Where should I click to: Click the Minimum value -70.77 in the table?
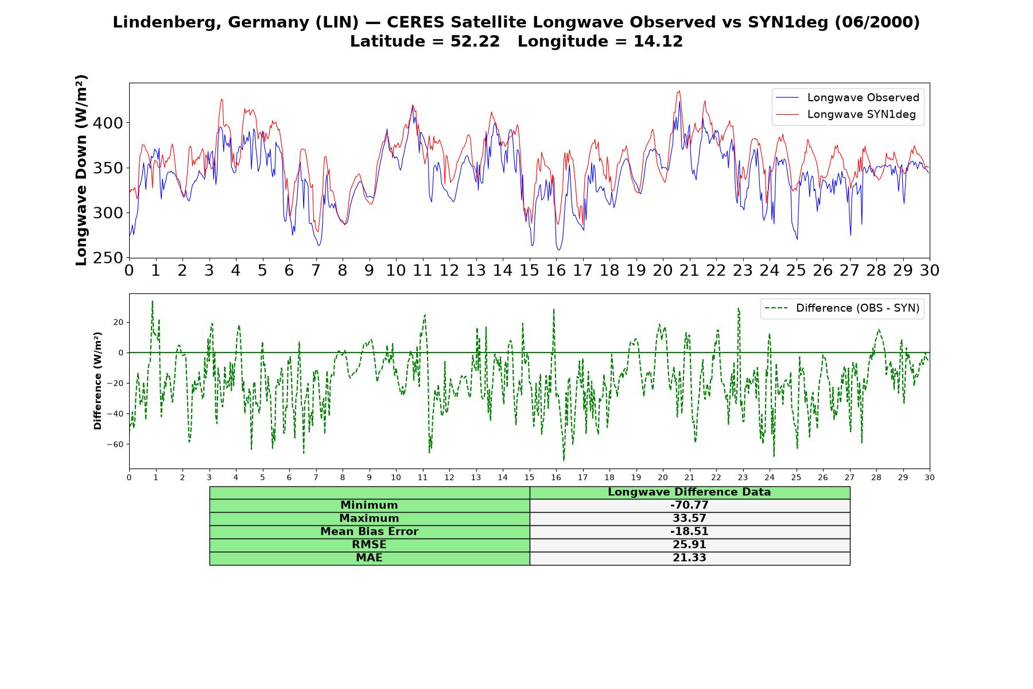(x=689, y=505)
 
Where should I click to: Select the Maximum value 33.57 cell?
(x=689, y=518)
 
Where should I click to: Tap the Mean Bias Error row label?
(x=369, y=532)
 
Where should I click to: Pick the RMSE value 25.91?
(x=689, y=545)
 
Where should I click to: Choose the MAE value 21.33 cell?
(x=689, y=558)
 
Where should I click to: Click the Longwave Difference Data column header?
(x=689, y=492)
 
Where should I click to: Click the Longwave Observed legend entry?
(x=848, y=98)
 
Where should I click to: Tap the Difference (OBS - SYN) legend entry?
(x=842, y=308)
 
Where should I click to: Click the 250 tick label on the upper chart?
(x=108, y=258)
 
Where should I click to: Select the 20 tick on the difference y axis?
(x=118, y=322)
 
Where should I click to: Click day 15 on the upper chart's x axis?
(x=529, y=270)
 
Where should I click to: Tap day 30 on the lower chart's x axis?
(x=930, y=477)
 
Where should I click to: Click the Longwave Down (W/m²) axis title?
(x=81, y=170)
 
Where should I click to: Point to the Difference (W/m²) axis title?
(x=98, y=381)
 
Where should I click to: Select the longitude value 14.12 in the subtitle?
(x=658, y=41)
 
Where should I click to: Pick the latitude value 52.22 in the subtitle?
(x=475, y=41)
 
